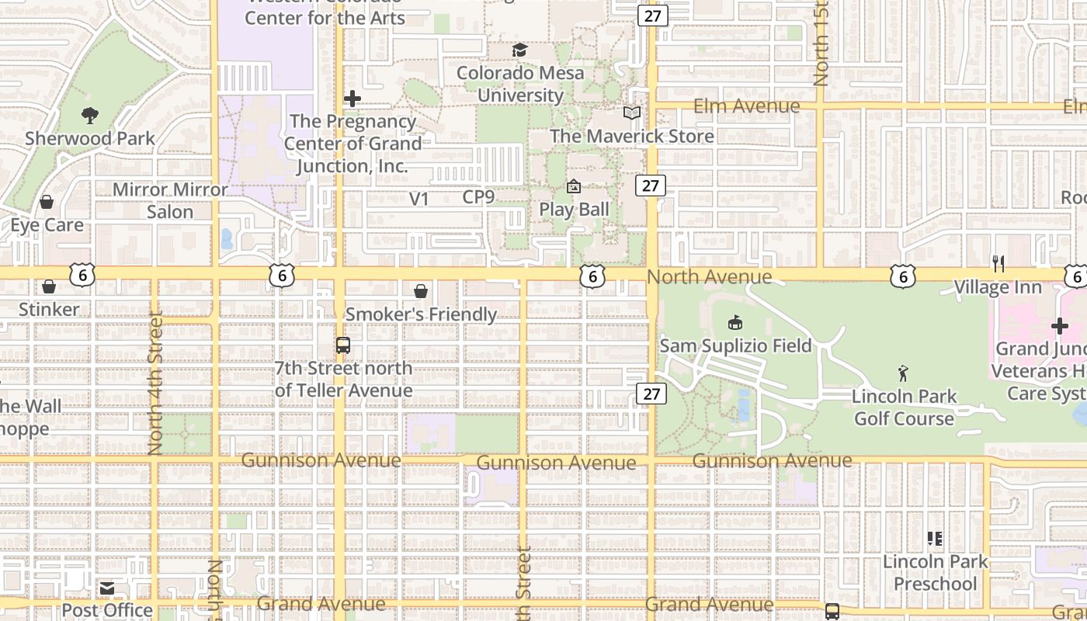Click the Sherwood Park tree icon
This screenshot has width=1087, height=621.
[x=90, y=116]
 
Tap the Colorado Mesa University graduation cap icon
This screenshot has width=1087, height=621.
[x=519, y=50]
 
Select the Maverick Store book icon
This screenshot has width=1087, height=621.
[x=632, y=113]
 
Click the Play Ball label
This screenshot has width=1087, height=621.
[x=575, y=210]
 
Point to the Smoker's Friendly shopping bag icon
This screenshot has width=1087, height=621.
[x=421, y=291]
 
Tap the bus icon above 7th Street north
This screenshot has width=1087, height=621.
[x=343, y=345]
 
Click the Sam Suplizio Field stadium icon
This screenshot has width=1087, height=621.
[x=735, y=322]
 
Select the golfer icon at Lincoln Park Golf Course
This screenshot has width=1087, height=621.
[x=903, y=373]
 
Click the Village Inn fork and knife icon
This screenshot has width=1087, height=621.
[x=998, y=264]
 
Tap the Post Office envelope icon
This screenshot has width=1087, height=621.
[x=107, y=588]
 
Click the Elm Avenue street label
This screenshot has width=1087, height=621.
[x=746, y=106]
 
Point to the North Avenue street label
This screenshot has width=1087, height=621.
[x=709, y=277]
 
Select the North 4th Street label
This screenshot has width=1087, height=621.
[x=155, y=383]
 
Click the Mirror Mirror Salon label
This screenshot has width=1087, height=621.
[x=171, y=200]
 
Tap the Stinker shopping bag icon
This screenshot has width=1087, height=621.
[x=49, y=286]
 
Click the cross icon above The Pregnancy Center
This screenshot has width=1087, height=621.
[x=352, y=99]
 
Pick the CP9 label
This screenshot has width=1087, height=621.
[x=478, y=197]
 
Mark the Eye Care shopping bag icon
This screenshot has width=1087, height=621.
[x=47, y=202]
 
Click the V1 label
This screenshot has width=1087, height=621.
[x=419, y=199]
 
